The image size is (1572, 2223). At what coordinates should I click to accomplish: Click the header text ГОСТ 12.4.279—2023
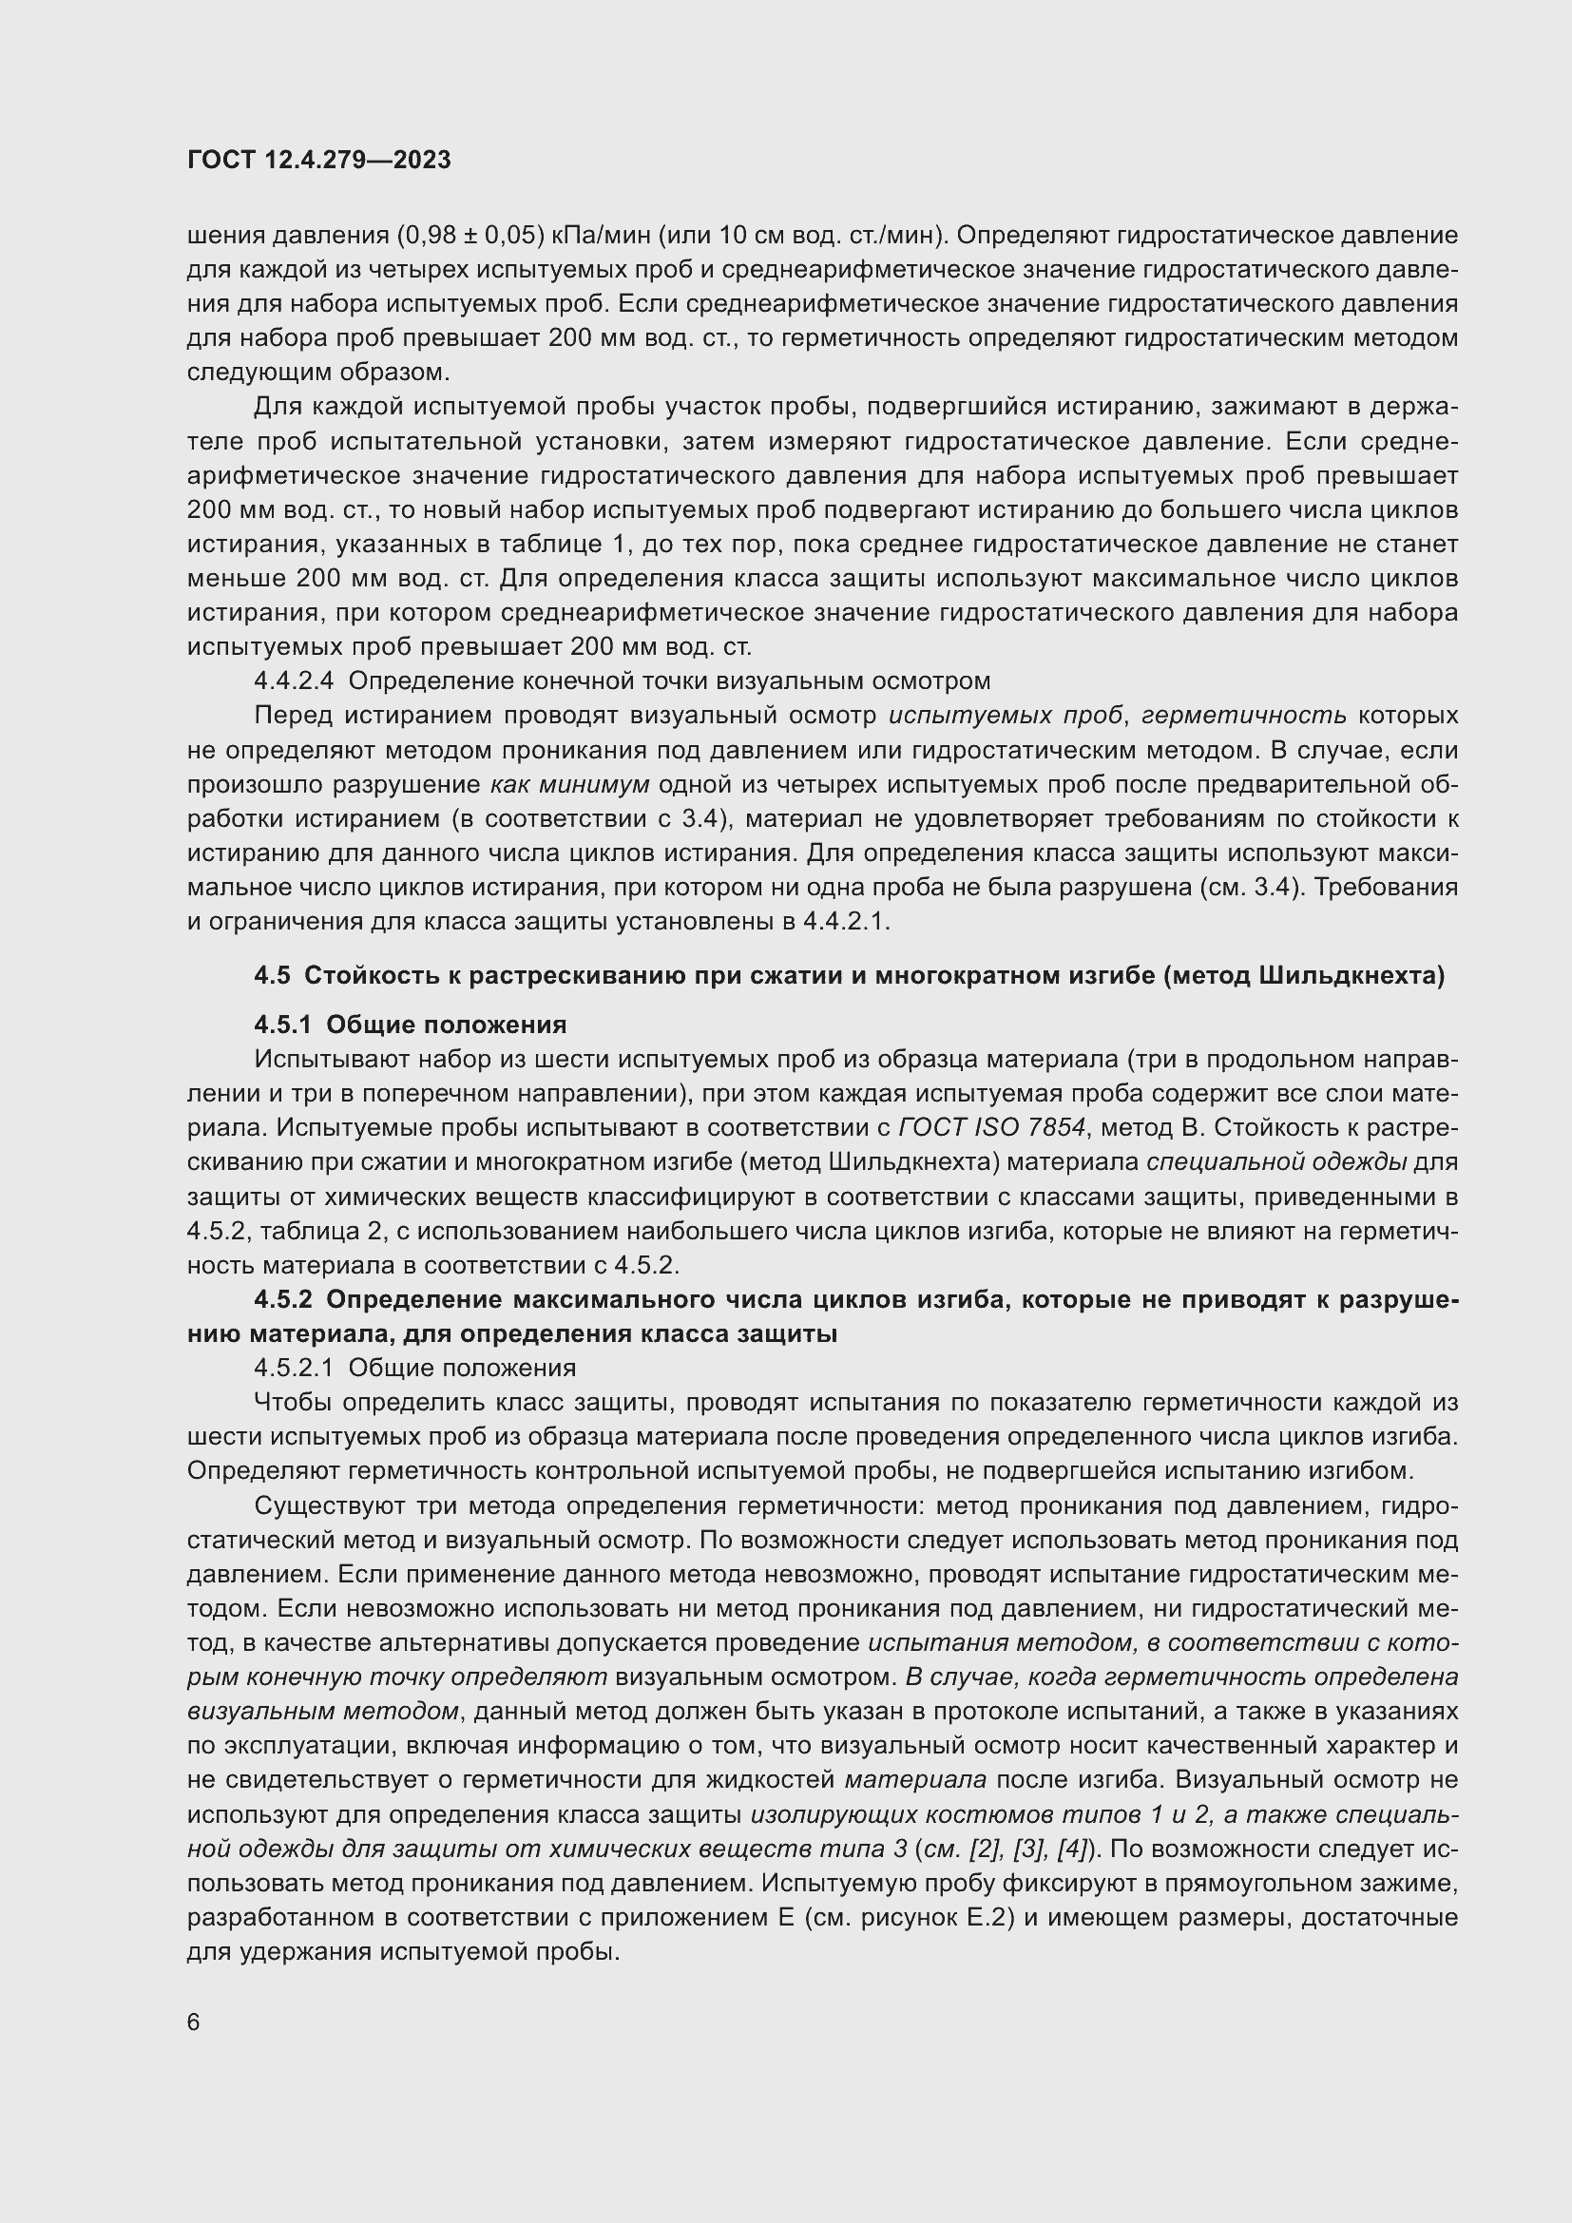coord(318,161)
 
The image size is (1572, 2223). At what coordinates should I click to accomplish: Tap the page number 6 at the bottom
coord(194,2022)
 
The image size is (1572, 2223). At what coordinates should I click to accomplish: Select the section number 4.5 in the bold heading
coord(272,976)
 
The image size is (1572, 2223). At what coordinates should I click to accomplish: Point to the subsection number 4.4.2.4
coord(294,680)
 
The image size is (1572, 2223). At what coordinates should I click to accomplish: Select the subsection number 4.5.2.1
coord(294,1368)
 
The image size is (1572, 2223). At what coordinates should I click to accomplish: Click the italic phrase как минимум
coord(569,784)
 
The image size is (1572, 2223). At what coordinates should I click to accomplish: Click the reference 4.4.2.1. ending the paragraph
coord(846,921)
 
